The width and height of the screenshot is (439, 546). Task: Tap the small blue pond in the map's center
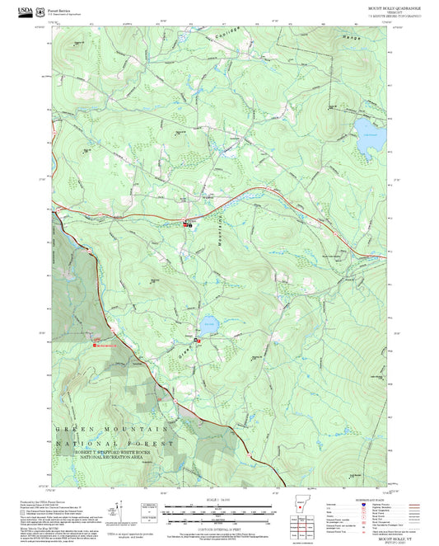pyautogui.click(x=208, y=321)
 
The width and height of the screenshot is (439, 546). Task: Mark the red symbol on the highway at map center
pyautogui.click(x=189, y=224)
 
